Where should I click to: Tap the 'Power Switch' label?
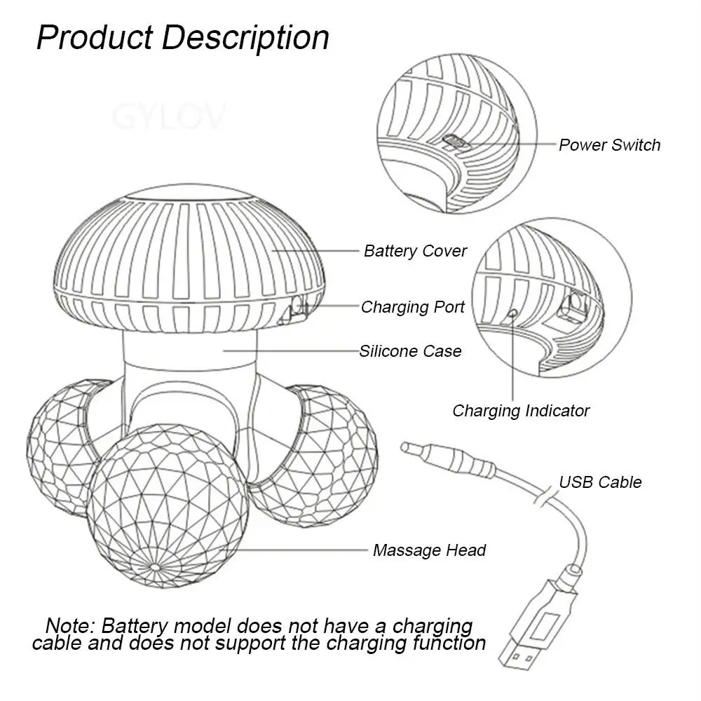pos(609,145)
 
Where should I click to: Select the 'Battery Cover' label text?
pos(415,250)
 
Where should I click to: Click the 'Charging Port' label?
pos(412,306)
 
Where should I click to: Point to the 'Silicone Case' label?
pos(410,350)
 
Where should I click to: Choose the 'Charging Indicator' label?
pos(521,411)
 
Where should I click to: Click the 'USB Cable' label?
pos(600,482)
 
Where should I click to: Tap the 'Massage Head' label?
pos(429,550)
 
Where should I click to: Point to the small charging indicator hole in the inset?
pos(512,313)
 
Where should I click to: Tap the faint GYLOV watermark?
pos(169,116)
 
